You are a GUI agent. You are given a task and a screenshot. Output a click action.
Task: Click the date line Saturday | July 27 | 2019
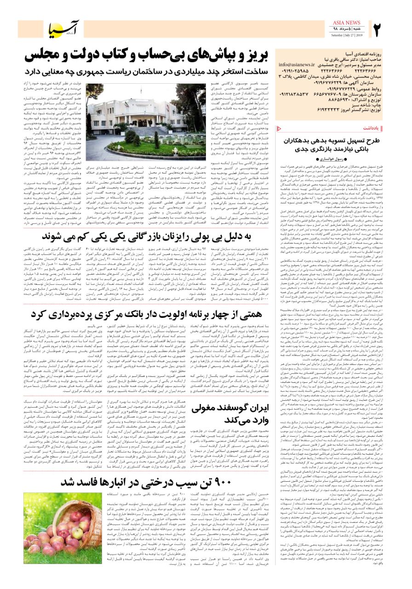343,35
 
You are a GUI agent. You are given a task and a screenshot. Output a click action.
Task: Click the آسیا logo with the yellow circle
64,29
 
